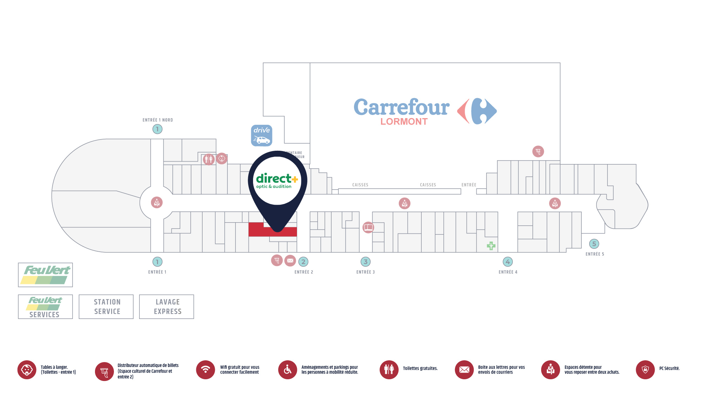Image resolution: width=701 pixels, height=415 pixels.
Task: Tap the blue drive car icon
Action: tap(261, 135)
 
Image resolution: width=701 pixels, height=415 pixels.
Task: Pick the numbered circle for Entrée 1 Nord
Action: tap(157, 129)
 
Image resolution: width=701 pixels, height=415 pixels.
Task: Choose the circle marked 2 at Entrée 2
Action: tap(303, 261)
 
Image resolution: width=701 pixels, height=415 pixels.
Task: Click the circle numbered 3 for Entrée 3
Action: tap(366, 261)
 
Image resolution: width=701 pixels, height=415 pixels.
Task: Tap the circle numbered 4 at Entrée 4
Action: tap(508, 261)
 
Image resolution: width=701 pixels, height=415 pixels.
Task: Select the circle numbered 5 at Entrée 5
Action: tap(594, 244)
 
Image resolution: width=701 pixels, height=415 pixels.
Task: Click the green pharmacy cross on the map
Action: tap(491, 246)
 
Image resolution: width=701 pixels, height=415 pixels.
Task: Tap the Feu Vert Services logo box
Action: tap(45, 307)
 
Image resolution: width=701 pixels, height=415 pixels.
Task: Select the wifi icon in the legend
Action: tap(205, 369)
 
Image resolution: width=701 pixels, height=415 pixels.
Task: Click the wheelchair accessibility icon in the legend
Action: tap(287, 369)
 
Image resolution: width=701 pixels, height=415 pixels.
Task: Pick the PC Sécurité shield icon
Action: tap(645, 369)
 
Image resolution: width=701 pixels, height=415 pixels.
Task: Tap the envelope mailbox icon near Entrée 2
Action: tap(290, 260)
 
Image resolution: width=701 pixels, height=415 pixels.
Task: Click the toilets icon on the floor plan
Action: tap(209, 159)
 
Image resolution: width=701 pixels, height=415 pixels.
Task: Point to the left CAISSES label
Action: tap(360, 185)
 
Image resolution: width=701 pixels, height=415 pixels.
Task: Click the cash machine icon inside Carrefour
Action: tap(538, 151)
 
